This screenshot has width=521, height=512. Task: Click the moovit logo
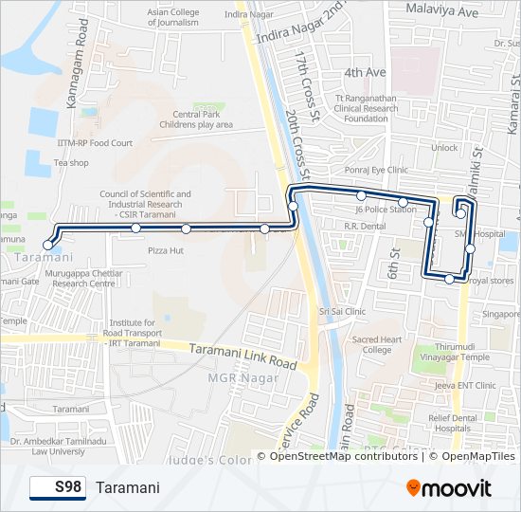[x=448, y=487]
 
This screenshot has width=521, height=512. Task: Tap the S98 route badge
[x=58, y=487]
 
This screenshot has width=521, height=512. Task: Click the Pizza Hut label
[x=166, y=250]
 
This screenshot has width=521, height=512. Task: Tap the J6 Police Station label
[x=386, y=209]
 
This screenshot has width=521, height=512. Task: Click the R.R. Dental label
[x=365, y=227]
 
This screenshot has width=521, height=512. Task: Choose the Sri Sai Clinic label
[x=342, y=311]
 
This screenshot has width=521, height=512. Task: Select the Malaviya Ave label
[x=441, y=12]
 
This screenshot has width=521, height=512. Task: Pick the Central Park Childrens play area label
[x=196, y=119]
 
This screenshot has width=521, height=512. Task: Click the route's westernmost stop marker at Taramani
[x=48, y=245]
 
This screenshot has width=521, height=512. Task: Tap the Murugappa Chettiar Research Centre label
[x=83, y=277]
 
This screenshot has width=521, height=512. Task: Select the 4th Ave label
[x=366, y=72]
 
